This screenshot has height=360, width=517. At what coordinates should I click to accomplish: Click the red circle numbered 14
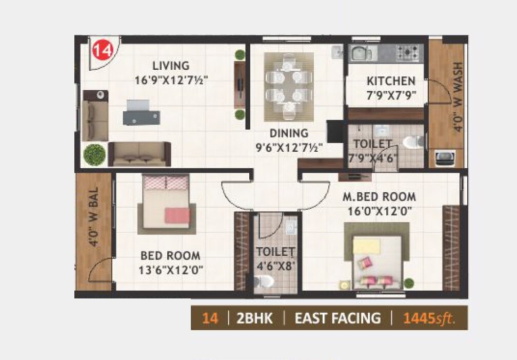click(x=102, y=51)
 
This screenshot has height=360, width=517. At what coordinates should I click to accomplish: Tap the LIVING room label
click(x=171, y=66)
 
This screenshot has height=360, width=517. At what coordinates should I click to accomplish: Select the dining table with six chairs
click(x=288, y=86)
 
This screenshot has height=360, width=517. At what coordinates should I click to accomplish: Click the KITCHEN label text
click(x=391, y=81)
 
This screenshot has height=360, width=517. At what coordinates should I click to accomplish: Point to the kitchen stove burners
click(x=409, y=51)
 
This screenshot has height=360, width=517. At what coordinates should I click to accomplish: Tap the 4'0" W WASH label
click(x=458, y=97)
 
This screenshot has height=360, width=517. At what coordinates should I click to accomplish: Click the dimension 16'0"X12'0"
click(x=380, y=210)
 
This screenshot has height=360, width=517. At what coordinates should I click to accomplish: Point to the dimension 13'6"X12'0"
click(x=171, y=269)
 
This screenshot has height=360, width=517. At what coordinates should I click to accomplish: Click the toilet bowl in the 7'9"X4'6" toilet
click(x=413, y=142)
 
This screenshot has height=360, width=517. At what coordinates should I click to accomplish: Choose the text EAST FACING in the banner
click(x=337, y=318)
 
